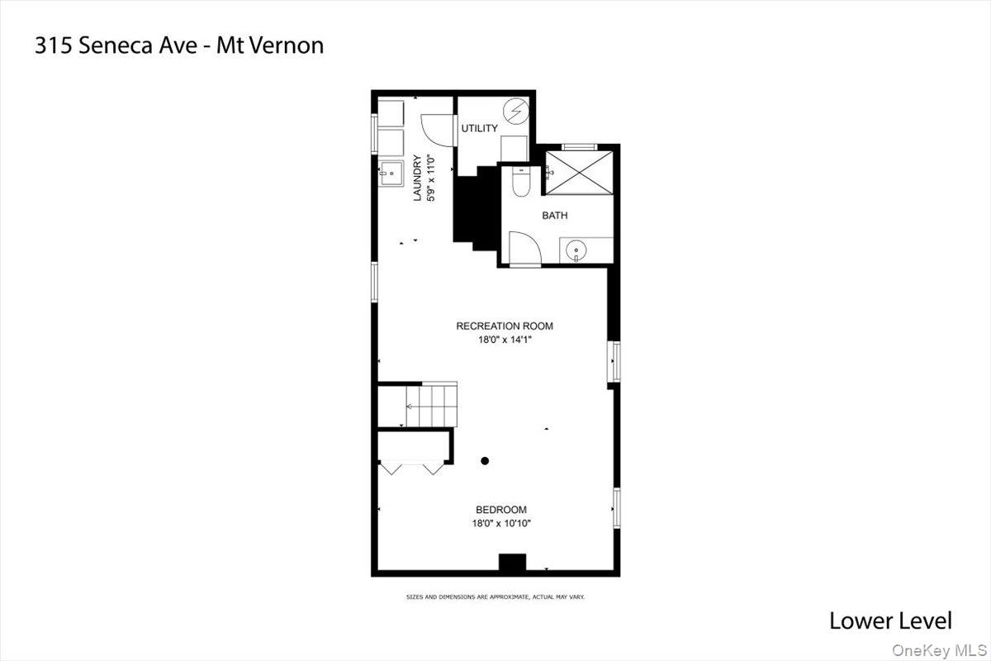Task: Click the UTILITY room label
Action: point(479,128)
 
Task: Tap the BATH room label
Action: point(554,216)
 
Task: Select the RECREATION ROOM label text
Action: point(505,326)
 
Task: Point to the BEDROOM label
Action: point(500,510)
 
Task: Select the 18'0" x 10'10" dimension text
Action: point(500,523)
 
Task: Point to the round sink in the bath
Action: point(576,249)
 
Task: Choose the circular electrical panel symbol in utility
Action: point(516,110)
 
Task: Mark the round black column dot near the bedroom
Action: point(486,460)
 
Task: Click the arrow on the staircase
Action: point(409,407)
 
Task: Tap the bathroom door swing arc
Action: point(522,245)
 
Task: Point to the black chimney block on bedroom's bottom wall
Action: point(512,564)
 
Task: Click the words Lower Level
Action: point(889,621)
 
